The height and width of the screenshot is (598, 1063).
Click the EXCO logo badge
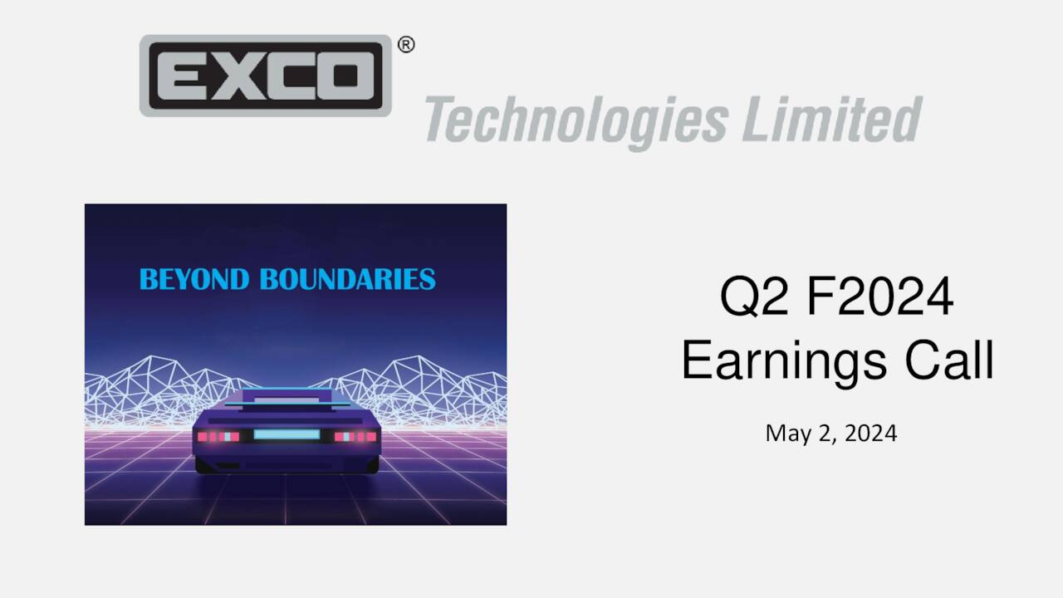click(265, 76)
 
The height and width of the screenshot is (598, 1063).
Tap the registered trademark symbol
click(406, 45)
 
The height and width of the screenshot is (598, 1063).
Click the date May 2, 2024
click(831, 433)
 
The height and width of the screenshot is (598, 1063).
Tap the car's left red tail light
click(218, 436)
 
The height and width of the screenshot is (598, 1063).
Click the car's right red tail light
click(355, 436)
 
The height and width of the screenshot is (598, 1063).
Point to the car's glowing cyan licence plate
click(287, 434)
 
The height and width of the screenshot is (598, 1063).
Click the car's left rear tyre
click(205, 466)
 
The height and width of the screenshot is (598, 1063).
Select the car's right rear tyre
click(370, 466)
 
